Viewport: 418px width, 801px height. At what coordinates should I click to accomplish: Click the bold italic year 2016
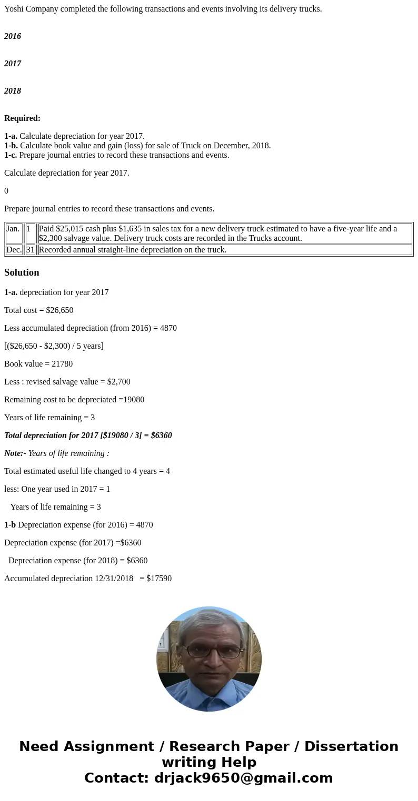(x=13, y=36)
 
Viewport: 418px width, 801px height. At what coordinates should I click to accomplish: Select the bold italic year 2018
(x=13, y=91)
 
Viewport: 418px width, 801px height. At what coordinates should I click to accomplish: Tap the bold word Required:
(x=22, y=118)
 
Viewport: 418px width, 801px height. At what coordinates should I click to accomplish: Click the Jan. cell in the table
(x=13, y=229)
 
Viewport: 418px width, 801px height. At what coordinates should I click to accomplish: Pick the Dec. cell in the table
(x=14, y=250)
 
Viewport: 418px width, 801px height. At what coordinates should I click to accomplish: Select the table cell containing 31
(x=31, y=250)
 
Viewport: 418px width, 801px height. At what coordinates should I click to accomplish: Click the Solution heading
(x=22, y=272)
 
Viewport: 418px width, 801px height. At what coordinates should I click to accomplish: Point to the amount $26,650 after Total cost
(x=59, y=310)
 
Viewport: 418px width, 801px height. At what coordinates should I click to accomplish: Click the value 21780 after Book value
(x=62, y=364)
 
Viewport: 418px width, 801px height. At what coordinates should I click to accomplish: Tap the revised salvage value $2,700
(x=118, y=382)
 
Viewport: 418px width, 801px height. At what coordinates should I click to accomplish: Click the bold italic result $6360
(x=161, y=435)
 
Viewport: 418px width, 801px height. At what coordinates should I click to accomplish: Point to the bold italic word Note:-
(x=15, y=453)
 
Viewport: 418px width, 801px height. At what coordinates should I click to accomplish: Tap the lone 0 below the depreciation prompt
(x=6, y=191)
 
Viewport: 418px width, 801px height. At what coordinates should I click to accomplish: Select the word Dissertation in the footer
(x=351, y=746)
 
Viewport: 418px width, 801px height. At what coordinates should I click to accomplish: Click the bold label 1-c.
(x=11, y=155)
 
